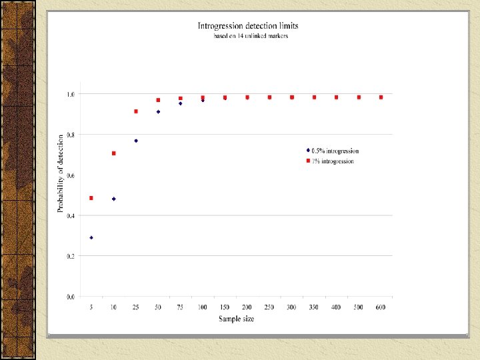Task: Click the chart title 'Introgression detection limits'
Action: (x=248, y=26)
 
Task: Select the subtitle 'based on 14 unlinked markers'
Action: (x=250, y=36)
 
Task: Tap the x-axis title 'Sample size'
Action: (x=236, y=319)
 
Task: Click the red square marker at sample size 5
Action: (x=91, y=198)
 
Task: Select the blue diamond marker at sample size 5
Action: (x=91, y=237)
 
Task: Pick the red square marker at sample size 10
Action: (x=113, y=153)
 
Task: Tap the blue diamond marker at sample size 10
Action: (x=113, y=199)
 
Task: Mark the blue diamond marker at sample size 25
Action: (x=136, y=141)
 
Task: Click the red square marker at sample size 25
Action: (x=136, y=111)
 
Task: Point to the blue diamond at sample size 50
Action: (x=158, y=112)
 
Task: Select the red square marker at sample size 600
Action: (x=381, y=97)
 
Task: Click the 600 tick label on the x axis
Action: (x=381, y=307)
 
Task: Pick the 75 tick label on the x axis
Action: (x=180, y=307)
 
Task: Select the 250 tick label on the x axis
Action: (x=269, y=307)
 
